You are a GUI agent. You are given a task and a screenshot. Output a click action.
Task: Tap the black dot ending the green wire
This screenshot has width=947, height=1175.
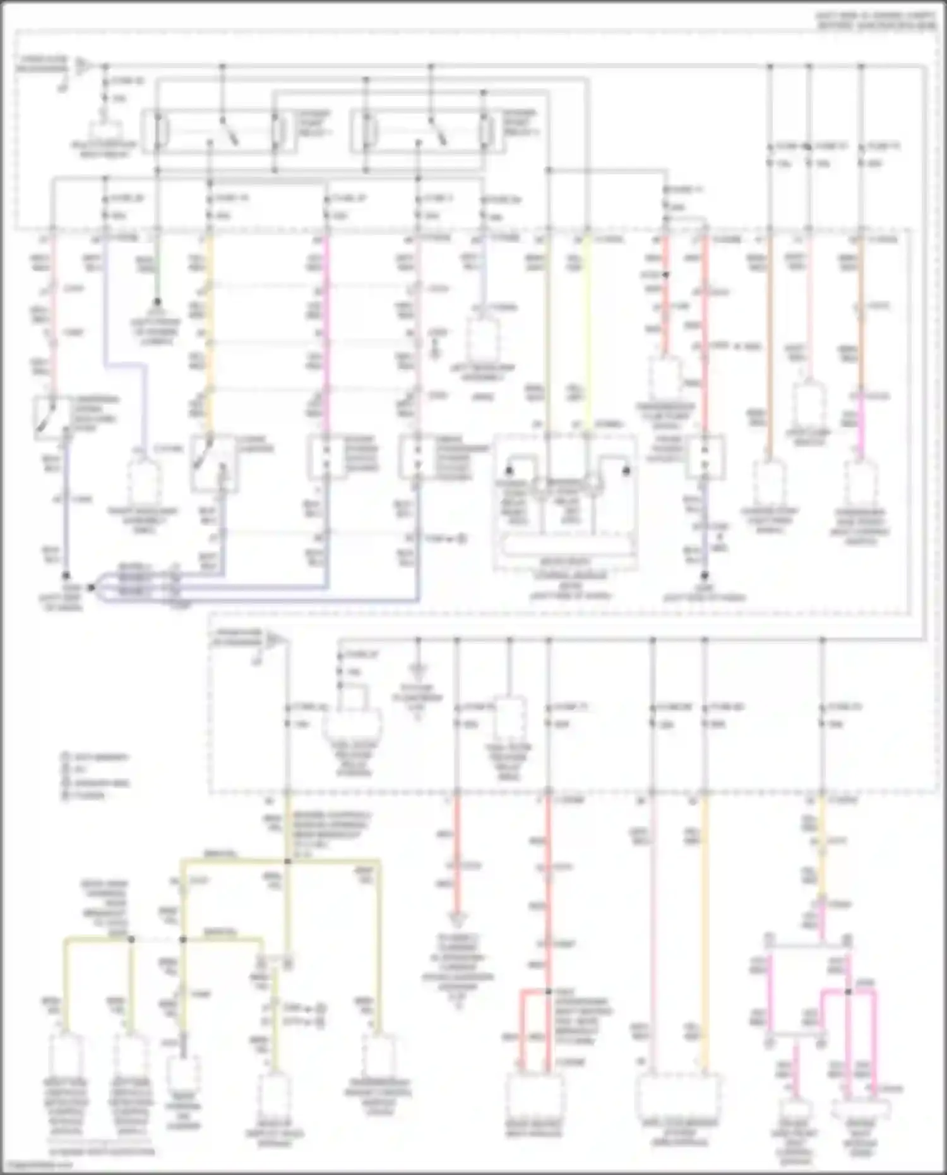(157, 302)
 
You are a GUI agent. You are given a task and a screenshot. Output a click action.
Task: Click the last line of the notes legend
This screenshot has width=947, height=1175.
(85, 796)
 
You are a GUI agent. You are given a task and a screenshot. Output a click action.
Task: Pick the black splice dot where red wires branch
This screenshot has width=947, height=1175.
(548, 991)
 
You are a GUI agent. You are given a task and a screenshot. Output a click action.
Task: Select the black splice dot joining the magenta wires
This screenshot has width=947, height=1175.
(848, 991)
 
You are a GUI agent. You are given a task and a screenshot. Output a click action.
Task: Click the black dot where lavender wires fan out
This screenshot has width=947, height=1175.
(90, 587)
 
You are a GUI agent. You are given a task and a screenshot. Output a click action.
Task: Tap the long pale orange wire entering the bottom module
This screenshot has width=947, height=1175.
(705, 934)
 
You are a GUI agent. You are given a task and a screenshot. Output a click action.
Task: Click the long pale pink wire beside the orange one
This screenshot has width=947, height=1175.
(653, 934)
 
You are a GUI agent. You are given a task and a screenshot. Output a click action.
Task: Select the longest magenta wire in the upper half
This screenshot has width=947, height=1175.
(326, 335)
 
